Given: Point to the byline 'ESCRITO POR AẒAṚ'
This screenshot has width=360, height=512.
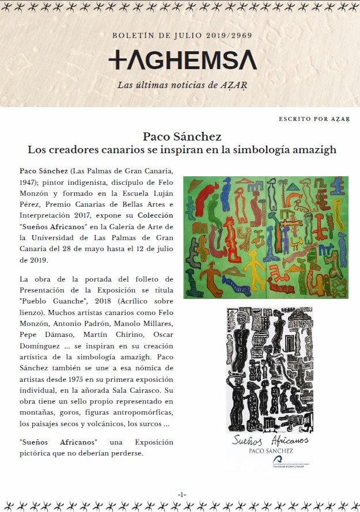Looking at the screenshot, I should pos(314,119).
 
